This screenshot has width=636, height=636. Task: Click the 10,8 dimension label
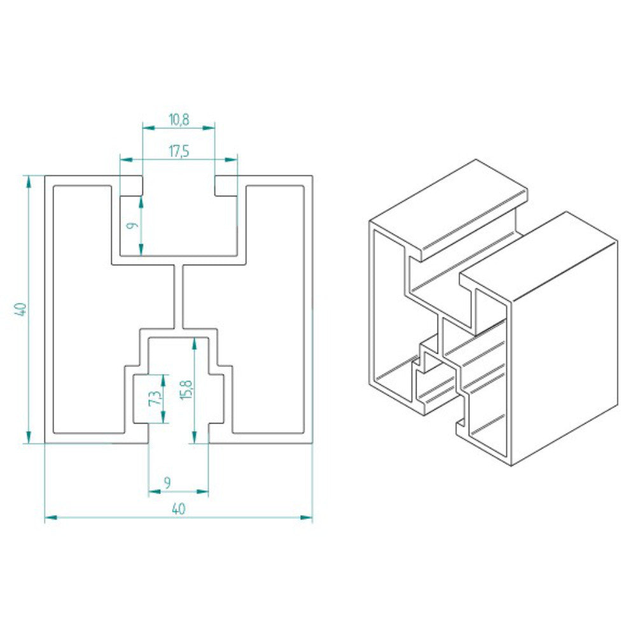click(x=178, y=118)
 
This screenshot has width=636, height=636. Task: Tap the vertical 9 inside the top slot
click(x=130, y=225)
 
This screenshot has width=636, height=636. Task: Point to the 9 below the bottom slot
click(x=167, y=483)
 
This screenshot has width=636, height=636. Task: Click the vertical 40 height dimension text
click(x=20, y=310)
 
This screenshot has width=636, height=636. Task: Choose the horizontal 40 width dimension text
click(x=178, y=509)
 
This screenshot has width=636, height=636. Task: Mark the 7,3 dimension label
click(x=153, y=398)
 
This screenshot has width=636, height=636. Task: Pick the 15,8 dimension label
click(x=184, y=389)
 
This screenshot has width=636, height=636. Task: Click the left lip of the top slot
click(x=132, y=186)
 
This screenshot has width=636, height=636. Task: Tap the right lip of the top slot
click(x=226, y=186)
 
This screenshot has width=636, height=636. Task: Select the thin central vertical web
click(x=179, y=296)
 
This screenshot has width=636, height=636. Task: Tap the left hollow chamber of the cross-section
click(x=83, y=305)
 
